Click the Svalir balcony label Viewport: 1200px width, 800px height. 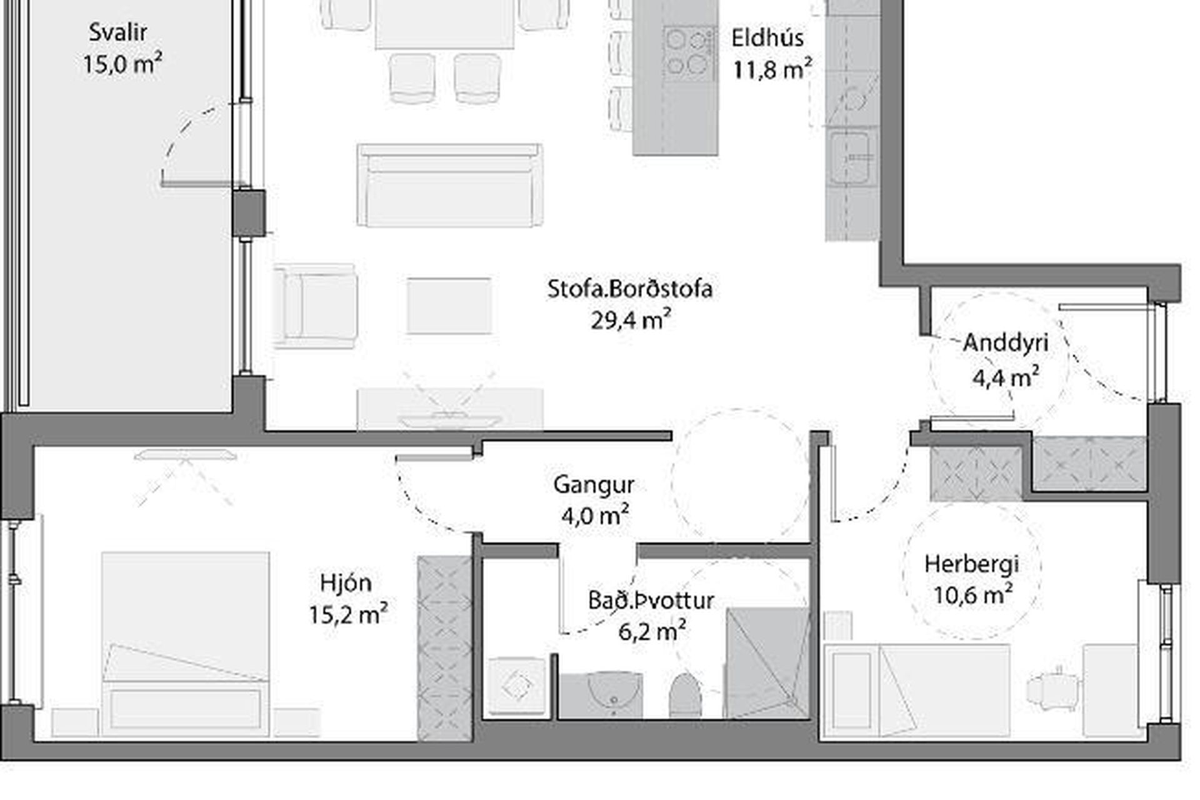tap(117, 32)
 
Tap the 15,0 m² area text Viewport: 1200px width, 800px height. tap(122, 64)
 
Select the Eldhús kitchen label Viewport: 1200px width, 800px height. tap(767, 38)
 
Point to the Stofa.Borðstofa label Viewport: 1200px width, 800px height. tap(630, 289)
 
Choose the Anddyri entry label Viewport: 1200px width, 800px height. tap(1006, 342)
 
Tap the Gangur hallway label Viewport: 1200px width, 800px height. tap(594, 486)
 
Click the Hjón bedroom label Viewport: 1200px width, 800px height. tap(346, 583)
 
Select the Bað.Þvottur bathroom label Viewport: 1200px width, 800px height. tap(651, 601)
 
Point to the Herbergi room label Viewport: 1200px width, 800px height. tap(971, 564)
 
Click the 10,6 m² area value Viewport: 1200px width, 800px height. tap(972, 595)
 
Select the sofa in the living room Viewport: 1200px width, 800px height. tap(450, 185)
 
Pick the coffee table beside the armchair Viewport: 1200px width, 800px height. tap(449, 306)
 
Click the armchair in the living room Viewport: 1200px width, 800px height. tap(316, 306)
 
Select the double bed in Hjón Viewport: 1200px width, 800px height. tap(186, 644)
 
